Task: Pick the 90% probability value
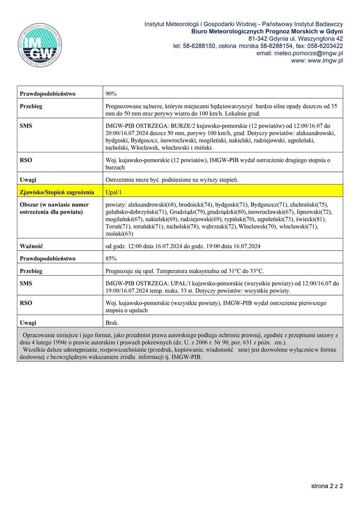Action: [111, 94]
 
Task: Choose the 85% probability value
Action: [111, 258]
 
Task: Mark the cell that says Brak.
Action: [112, 323]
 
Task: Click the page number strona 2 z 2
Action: [327, 485]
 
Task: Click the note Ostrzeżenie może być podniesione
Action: [172, 180]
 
